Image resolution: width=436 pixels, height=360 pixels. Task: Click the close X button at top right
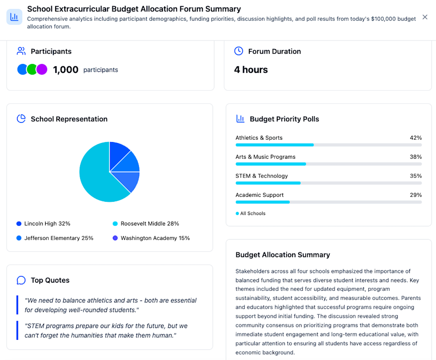coord(425,17)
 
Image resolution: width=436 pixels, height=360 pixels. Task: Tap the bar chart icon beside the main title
coord(14,17)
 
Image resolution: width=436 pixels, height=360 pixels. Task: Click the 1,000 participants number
coord(66,70)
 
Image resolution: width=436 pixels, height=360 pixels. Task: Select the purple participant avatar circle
coord(42,70)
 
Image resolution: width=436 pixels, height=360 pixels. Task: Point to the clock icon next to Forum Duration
coord(238,51)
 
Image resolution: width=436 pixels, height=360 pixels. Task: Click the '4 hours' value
coord(251,70)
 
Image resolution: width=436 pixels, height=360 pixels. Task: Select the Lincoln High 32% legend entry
coord(44,224)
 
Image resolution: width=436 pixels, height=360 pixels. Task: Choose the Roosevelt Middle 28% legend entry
coord(146,224)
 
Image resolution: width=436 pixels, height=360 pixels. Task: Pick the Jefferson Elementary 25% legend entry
coord(55,238)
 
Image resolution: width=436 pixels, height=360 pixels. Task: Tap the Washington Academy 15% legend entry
coord(151,238)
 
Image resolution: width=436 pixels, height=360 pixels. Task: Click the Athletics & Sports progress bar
coord(328,145)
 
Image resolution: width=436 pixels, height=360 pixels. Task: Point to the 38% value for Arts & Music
coord(415,157)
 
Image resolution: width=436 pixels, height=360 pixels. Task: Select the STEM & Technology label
coord(261,176)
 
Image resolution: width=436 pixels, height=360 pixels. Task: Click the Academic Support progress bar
coord(328,202)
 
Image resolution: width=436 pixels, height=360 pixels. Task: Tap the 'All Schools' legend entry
coord(250,213)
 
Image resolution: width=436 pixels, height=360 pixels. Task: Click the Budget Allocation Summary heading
coord(283,255)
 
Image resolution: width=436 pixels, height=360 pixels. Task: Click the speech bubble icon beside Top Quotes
coord(21,280)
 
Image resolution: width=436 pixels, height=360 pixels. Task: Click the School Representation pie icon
coord(21,119)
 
